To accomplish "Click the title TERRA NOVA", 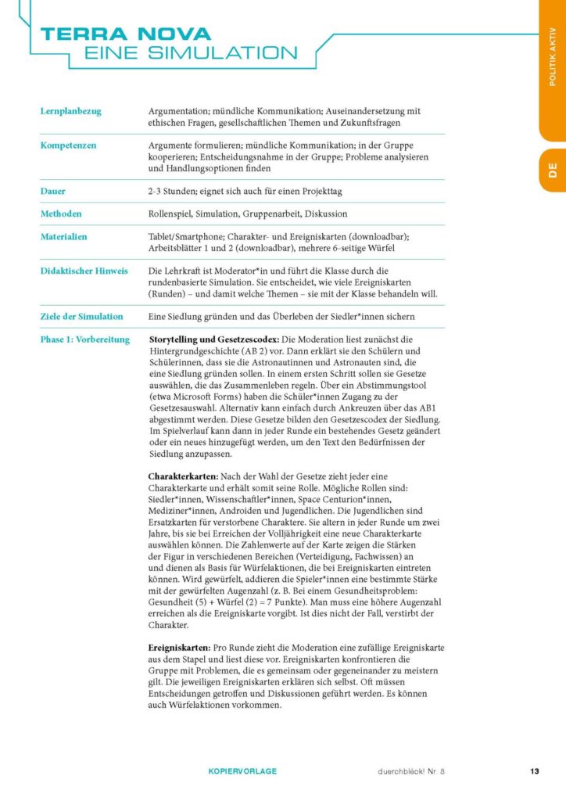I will [x=126, y=34].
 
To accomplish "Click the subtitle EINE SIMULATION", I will [x=191, y=53].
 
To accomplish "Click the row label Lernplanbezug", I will [x=70, y=111].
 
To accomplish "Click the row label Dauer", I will [x=52, y=191].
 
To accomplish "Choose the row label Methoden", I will [x=61, y=214].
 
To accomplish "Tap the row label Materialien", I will [x=63, y=236].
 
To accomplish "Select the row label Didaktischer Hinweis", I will [x=84, y=271].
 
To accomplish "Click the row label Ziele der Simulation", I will [x=81, y=316].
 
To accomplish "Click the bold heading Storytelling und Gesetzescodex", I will [x=212, y=339].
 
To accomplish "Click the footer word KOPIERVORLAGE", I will [x=242, y=771].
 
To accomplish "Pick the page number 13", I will [x=535, y=771].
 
